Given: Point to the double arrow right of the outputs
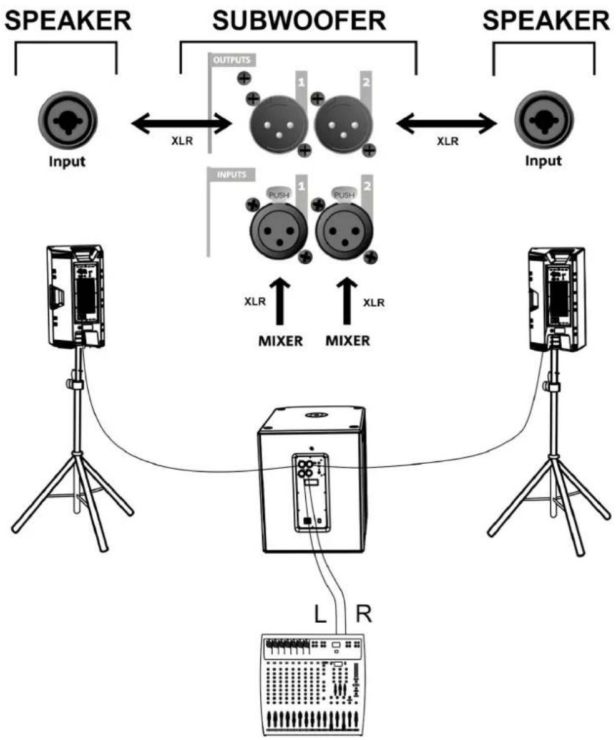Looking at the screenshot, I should (444, 123).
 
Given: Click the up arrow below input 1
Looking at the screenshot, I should (279, 299).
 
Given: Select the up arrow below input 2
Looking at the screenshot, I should (346, 299).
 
